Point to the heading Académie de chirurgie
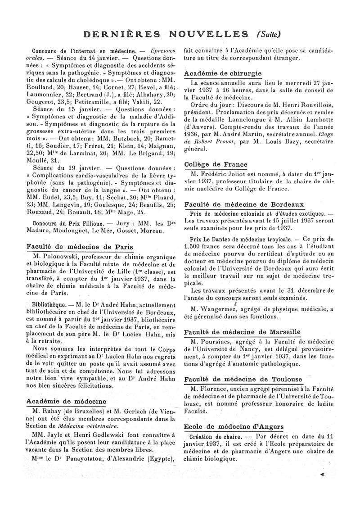tap(223, 73)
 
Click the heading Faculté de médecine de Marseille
tap(243, 332)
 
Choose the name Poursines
tap(215, 341)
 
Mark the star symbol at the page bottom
tap(323, 475)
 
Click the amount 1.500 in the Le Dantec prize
tap(194, 247)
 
